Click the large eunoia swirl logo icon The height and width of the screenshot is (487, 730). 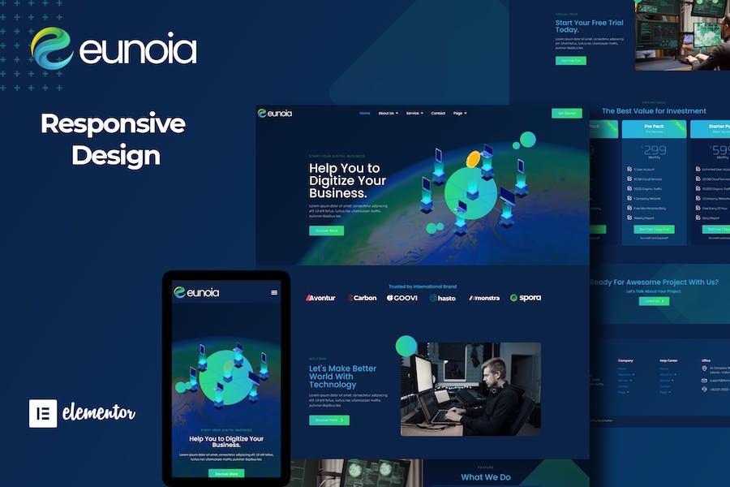52,48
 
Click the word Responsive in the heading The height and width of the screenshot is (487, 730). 113,124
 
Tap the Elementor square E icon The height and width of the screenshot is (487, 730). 42,413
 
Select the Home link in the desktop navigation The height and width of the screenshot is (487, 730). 365,113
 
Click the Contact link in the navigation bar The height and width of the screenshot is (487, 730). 438,113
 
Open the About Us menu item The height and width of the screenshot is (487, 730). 389,113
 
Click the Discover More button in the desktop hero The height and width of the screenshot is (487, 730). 326,231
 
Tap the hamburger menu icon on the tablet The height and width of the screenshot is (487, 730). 274,292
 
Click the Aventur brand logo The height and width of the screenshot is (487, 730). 320,298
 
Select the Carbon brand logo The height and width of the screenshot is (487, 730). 363,298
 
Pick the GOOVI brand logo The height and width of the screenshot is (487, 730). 402,298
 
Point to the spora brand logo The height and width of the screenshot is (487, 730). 526,298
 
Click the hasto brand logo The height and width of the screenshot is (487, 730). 443,298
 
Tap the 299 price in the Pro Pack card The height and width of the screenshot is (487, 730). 654,150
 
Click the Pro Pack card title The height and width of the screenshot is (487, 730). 654,127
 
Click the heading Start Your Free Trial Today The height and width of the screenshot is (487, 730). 589,26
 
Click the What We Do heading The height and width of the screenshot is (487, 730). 486,477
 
